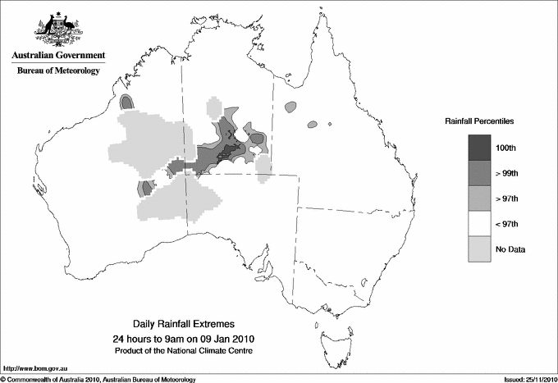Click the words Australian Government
pos(55,56)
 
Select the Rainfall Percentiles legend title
pos(479,121)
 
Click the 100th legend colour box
pos(480,147)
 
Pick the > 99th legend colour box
pos(480,172)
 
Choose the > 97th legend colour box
pos(480,198)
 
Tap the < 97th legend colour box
pos(480,223)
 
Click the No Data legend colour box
pos(480,248)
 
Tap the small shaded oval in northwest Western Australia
pos(127,102)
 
